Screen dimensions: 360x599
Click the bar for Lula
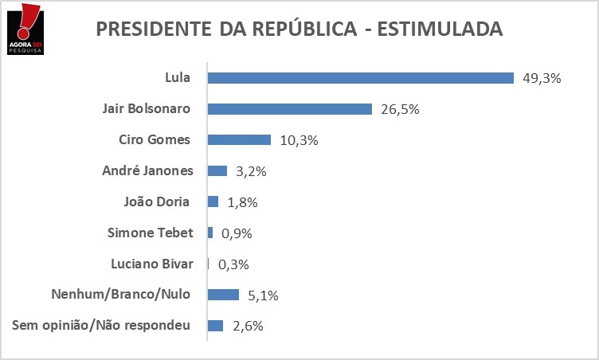(x=360, y=78)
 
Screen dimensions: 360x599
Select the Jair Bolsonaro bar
(x=289, y=109)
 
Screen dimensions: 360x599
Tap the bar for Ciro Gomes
(x=239, y=140)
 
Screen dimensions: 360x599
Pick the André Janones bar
(x=217, y=170)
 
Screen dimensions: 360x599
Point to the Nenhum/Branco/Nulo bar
(x=223, y=295)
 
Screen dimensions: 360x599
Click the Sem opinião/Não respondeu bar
(x=215, y=326)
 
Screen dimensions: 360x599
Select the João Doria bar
(x=213, y=202)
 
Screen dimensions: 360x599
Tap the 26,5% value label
(x=401, y=109)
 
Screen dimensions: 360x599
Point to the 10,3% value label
(x=299, y=140)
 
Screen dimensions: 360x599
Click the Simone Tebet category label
(x=149, y=233)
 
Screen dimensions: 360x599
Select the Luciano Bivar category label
(x=149, y=264)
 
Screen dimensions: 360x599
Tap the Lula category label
(x=177, y=78)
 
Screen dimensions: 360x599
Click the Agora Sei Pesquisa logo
(x=22, y=29)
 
